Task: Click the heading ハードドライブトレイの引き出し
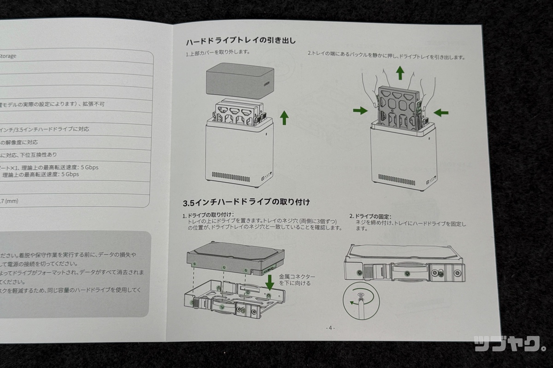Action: click(240, 41)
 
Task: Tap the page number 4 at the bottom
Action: click(330, 328)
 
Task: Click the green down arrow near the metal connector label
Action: click(270, 282)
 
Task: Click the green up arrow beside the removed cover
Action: click(284, 118)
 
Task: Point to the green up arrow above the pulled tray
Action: click(400, 72)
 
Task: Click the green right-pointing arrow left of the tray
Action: click(360, 110)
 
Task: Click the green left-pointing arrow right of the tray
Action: click(441, 112)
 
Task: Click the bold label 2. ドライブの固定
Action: click(370, 216)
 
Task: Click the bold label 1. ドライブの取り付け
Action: click(208, 215)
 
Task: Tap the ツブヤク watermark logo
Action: click(510, 343)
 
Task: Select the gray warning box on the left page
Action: click(74, 271)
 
